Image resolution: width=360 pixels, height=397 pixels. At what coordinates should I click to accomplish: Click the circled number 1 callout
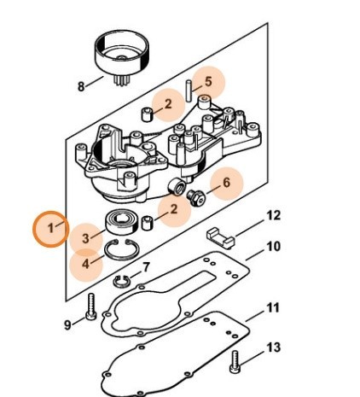[50, 229]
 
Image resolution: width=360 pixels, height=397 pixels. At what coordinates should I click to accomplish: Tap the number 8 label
[81, 86]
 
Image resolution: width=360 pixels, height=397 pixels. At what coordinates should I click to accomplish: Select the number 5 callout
[208, 82]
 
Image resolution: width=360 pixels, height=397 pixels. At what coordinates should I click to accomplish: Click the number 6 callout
[226, 183]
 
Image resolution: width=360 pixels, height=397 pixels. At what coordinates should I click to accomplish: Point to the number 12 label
[274, 215]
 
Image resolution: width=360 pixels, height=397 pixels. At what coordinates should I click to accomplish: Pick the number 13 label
[274, 347]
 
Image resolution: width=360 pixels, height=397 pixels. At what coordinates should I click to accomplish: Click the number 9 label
[67, 324]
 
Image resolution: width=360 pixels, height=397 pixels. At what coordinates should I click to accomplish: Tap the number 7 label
[146, 267]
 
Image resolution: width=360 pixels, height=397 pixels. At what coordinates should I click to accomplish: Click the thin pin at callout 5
[189, 90]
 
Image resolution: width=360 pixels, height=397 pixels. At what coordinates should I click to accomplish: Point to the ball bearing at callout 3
[122, 222]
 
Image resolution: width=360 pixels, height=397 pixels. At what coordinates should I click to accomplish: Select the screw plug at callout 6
[195, 197]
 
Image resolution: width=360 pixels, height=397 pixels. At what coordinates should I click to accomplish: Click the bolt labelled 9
[91, 307]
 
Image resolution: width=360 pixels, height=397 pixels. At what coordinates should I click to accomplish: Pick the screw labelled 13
[235, 361]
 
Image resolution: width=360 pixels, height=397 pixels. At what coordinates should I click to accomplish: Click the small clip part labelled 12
[220, 237]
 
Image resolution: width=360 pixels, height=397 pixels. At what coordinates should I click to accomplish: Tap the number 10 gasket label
[274, 247]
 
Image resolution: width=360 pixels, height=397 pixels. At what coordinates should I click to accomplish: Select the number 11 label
[273, 308]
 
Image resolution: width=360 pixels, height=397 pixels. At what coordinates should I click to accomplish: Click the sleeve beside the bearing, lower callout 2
[148, 223]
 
